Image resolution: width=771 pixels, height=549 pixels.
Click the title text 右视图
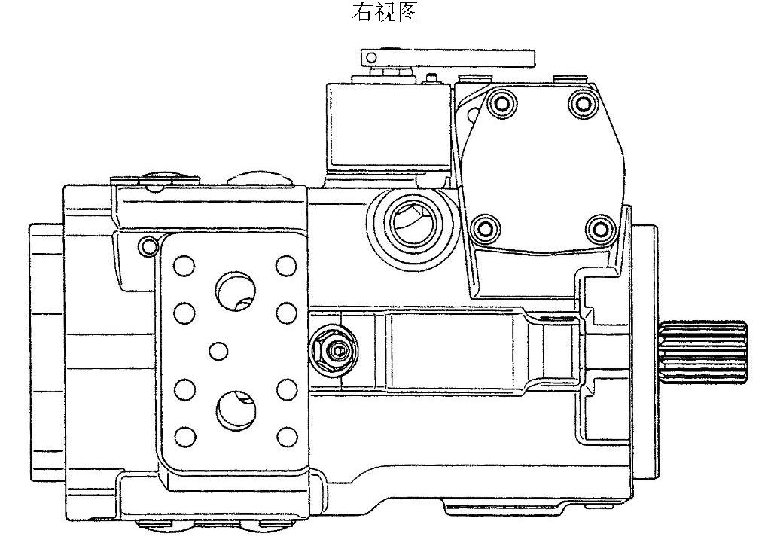click(385, 12)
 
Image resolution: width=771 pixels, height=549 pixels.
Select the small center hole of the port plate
click(218, 351)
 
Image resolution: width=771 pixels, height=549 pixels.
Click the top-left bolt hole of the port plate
click(184, 266)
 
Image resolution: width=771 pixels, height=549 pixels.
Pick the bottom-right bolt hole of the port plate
click(287, 436)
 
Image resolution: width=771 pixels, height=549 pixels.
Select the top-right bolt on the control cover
click(584, 102)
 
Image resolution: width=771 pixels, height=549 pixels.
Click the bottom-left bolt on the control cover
click(486, 228)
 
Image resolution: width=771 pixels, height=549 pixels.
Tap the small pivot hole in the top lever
click(372, 57)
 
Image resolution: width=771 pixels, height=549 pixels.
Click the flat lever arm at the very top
click(447, 57)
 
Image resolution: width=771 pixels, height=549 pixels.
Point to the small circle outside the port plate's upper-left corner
click(148, 245)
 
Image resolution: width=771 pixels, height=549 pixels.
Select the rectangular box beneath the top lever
click(389, 127)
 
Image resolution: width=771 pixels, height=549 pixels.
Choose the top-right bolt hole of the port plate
click(286, 266)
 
